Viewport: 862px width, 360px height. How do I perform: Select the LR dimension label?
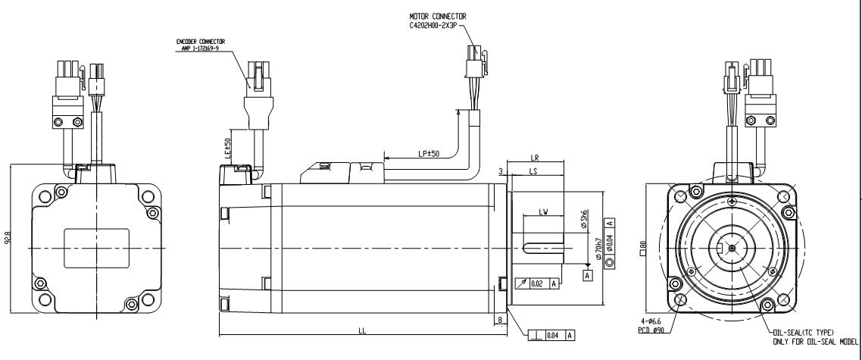point(536,158)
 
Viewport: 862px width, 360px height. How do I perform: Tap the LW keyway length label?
point(543,211)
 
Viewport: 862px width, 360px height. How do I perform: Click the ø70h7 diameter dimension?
point(599,248)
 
